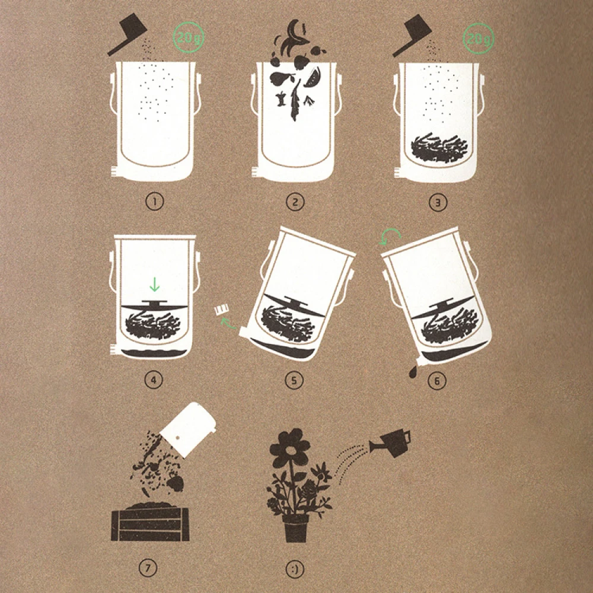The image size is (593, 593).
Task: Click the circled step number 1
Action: [154, 202]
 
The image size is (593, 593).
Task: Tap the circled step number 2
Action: [295, 202]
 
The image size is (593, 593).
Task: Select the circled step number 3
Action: [438, 202]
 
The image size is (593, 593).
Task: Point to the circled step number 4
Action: [154, 380]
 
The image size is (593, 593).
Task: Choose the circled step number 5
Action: [294, 380]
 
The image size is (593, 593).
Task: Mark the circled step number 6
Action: [437, 381]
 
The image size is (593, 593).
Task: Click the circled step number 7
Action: [148, 568]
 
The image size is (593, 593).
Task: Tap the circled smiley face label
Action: [295, 569]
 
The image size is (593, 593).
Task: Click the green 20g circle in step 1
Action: [189, 37]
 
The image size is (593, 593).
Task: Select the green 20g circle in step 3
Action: [479, 39]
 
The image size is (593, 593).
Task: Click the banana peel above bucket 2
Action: [295, 37]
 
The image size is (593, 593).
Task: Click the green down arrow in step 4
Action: [154, 284]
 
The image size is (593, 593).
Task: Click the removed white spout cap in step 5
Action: [221, 311]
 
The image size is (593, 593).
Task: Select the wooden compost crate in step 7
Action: [150, 522]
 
